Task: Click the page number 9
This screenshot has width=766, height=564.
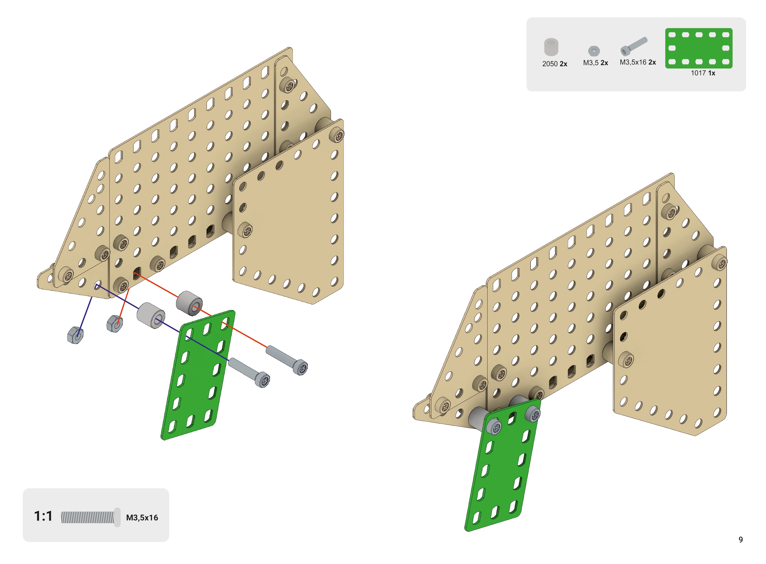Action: tap(740, 539)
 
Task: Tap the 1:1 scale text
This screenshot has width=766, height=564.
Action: tap(43, 516)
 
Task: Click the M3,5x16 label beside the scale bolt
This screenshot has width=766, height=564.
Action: tap(142, 518)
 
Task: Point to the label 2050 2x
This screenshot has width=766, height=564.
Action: tap(554, 64)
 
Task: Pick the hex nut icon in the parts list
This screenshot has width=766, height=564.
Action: tap(594, 51)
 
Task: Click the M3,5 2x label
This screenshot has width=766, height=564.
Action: tap(596, 63)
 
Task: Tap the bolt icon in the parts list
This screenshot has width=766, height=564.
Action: tap(633, 46)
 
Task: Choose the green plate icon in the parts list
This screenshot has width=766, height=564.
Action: tap(699, 48)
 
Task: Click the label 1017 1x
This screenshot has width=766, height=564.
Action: tap(703, 73)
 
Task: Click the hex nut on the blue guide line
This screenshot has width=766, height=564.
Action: tap(75, 335)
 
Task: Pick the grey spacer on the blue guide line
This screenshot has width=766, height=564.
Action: tap(151, 315)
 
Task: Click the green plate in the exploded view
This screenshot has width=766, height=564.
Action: tap(198, 375)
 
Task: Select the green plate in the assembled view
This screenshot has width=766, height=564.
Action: tap(502, 465)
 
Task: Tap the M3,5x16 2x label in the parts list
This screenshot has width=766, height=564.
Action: tap(638, 62)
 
